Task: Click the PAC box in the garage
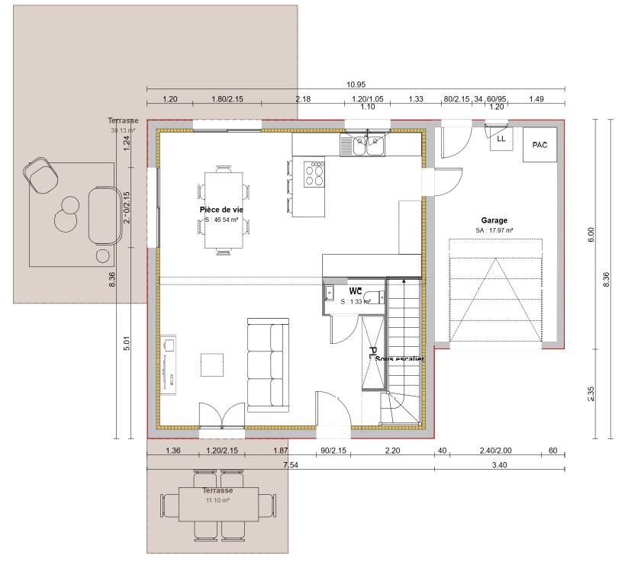(x=540, y=145)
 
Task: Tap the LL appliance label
(x=501, y=140)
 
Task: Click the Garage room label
(x=494, y=220)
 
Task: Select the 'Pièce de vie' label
(x=221, y=208)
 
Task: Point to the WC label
(x=356, y=291)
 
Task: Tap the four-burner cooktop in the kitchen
(x=314, y=174)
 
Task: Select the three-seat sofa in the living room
(x=266, y=363)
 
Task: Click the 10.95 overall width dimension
(x=356, y=84)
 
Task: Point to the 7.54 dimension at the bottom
(x=290, y=464)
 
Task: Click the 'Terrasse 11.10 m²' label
(x=217, y=496)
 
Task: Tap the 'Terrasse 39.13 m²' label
(x=123, y=126)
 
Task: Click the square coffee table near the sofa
(x=213, y=364)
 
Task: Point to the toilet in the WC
(x=372, y=297)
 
